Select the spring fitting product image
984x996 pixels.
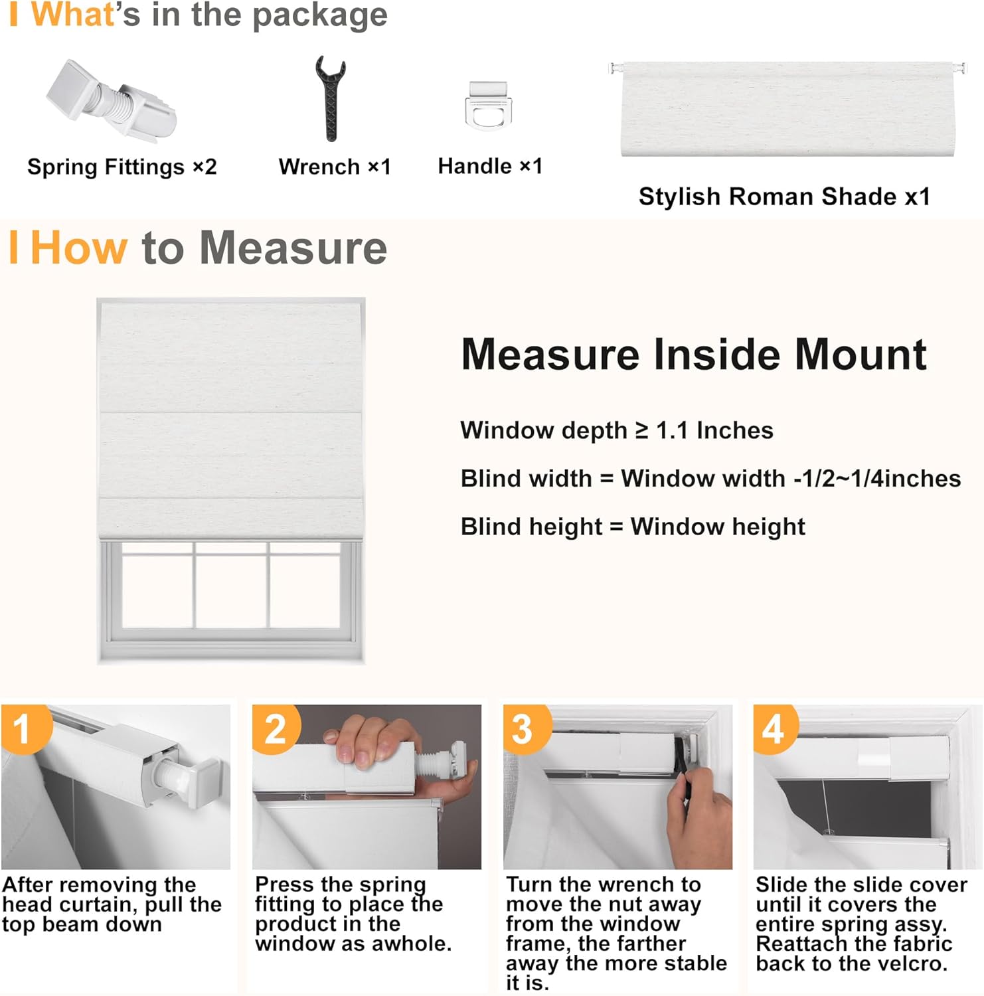point(111,100)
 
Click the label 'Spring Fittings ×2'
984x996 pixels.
point(122,167)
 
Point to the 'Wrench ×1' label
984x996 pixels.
point(335,167)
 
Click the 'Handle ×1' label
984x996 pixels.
point(490,166)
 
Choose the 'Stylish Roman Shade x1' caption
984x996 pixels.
point(784,197)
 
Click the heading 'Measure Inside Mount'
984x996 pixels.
point(693,354)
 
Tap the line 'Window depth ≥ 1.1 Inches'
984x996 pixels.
point(617,430)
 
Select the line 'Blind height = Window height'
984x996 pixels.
point(633,527)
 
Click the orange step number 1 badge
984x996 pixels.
point(23,728)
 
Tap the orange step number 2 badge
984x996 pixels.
point(276,728)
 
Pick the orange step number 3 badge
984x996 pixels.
point(525,728)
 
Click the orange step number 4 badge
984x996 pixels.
point(774,728)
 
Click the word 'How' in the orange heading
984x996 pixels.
point(78,248)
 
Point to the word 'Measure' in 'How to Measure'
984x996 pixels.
point(293,248)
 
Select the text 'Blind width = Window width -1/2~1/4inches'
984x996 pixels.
point(710,479)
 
